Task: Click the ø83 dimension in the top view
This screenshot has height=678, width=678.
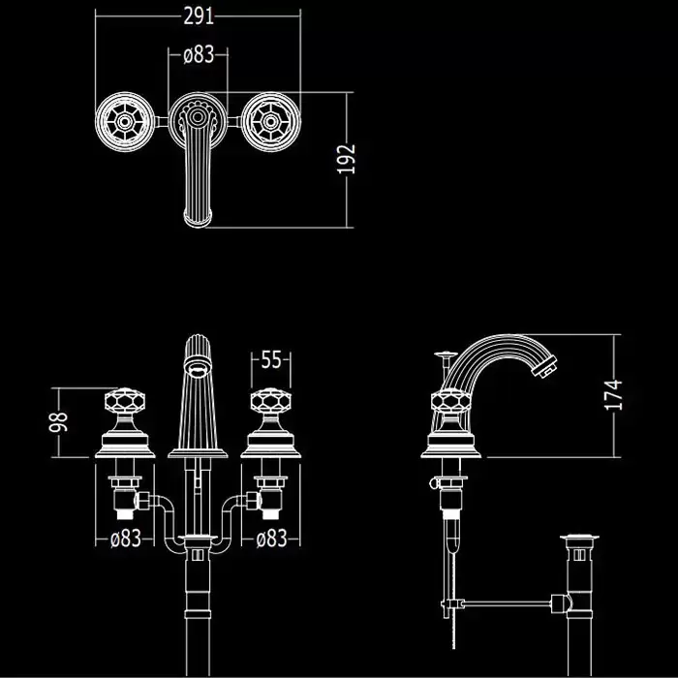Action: [198, 54]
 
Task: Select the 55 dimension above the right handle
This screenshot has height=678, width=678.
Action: [271, 360]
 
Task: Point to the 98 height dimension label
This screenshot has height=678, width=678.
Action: [60, 421]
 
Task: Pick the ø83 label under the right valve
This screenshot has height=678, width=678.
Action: [271, 539]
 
